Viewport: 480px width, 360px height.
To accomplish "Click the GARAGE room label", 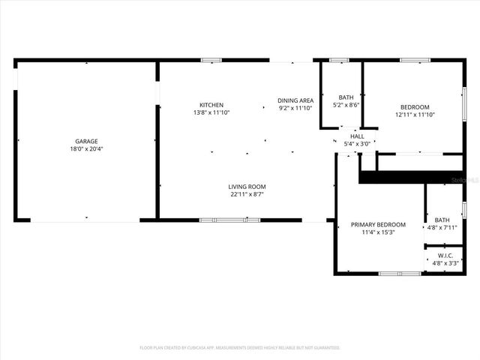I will (x=86, y=141).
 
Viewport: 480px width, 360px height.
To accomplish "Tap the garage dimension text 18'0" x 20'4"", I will (x=86, y=149).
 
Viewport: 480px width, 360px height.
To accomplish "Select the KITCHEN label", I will (x=211, y=104).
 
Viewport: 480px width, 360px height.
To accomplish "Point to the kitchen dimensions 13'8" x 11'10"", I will (x=211, y=112).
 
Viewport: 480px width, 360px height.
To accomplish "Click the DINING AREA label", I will (x=295, y=100).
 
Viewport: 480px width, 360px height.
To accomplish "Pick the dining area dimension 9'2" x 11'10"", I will (x=295, y=108).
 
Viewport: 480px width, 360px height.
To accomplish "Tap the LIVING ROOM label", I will (x=247, y=186).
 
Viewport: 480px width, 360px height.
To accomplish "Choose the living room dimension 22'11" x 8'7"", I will (x=247, y=194).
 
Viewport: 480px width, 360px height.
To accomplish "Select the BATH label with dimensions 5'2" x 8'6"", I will (x=346, y=97).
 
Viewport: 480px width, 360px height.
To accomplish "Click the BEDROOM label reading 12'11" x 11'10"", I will (x=415, y=106).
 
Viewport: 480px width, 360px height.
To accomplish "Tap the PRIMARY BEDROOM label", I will (x=379, y=224).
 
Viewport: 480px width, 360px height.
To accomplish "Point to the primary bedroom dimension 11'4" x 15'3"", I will (x=379, y=232).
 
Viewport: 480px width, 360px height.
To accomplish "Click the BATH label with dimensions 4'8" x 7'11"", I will (x=442, y=220).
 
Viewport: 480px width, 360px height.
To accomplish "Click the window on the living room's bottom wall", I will (x=229, y=220).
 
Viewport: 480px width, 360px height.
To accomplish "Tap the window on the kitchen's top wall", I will (x=211, y=60).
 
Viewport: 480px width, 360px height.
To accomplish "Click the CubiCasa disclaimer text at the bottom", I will (x=240, y=348).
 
